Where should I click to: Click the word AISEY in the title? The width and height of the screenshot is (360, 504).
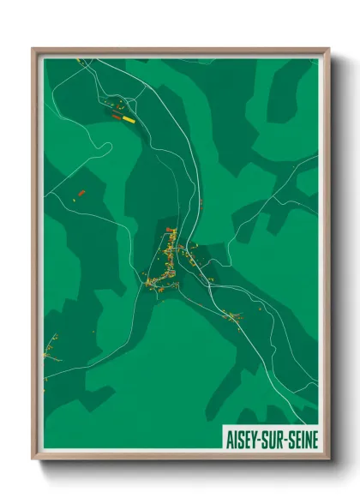[x=243, y=440]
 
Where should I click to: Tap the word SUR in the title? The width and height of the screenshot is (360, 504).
[x=273, y=440]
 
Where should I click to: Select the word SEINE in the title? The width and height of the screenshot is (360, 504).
[x=302, y=440]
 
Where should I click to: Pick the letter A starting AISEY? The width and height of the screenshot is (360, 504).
[x=229, y=440]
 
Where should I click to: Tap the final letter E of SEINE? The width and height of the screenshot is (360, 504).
[x=314, y=440]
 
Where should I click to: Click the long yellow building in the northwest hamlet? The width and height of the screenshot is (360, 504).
[x=129, y=120]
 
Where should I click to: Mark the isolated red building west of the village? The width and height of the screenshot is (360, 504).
[x=81, y=194]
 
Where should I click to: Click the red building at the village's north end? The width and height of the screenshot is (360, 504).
[x=169, y=231]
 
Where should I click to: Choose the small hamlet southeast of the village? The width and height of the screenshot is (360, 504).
[x=233, y=317]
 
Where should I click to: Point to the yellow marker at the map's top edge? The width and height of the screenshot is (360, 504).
[x=78, y=60]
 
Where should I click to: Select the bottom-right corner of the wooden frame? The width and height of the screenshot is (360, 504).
[x=328, y=459]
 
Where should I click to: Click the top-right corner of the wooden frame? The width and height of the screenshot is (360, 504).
[x=328, y=49]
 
